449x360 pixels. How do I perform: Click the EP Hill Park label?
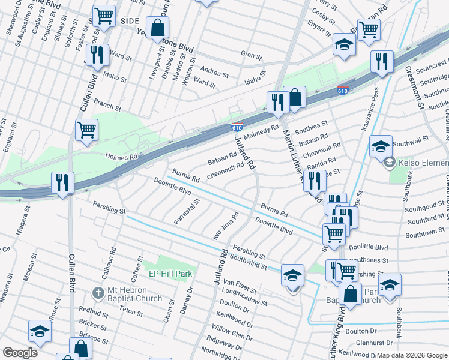(x=173, y=274)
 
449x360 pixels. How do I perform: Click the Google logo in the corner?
(x=20, y=353)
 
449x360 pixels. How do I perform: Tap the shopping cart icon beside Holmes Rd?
(x=87, y=129)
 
